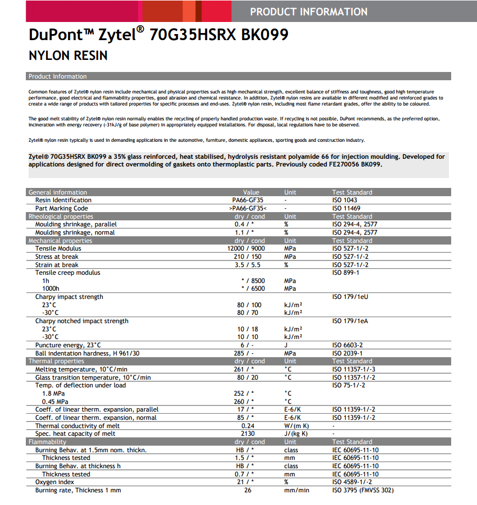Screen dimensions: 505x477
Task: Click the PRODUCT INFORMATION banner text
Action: point(308,12)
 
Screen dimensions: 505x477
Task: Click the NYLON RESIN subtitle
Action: point(68,56)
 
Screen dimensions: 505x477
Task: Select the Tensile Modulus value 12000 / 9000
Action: point(246,248)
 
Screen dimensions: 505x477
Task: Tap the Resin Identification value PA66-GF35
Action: point(248,200)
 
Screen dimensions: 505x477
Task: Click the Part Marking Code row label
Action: point(62,208)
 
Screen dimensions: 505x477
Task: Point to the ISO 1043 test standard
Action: point(345,200)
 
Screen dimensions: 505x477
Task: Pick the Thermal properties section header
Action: point(56,361)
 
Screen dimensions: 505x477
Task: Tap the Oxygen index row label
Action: point(56,482)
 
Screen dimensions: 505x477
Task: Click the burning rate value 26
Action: point(247,490)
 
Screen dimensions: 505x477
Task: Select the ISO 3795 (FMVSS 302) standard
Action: point(363,490)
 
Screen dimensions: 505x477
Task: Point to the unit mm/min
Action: point(297,490)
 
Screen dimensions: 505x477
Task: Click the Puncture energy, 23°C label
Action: point(68,345)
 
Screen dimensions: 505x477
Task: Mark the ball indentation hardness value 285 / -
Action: point(244,353)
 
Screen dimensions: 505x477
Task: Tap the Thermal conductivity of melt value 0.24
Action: point(247,426)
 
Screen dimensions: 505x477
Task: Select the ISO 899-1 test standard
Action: point(346,273)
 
